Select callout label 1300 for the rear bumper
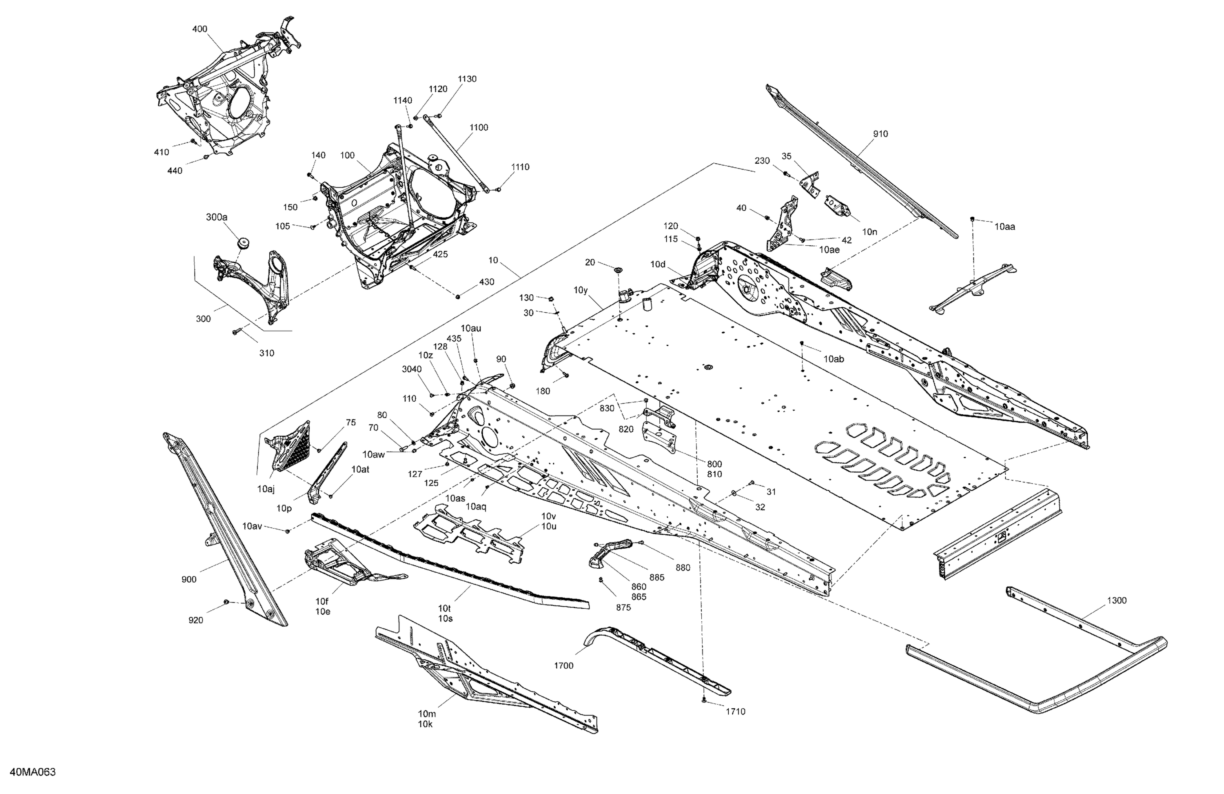[1117, 600]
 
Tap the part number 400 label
[200, 29]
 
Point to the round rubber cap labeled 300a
[243, 242]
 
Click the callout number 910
[880, 134]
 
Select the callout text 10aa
[1004, 227]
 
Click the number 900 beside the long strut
[189, 579]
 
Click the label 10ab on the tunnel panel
[834, 359]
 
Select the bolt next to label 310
[237, 332]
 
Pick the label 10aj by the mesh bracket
[266, 489]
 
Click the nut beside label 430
[458, 296]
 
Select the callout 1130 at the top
[467, 79]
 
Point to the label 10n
[870, 232]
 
